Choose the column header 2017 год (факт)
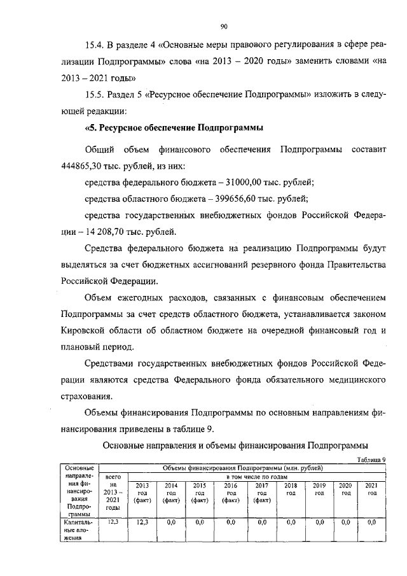coord(261,493)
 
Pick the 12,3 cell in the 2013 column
coord(142,522)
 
